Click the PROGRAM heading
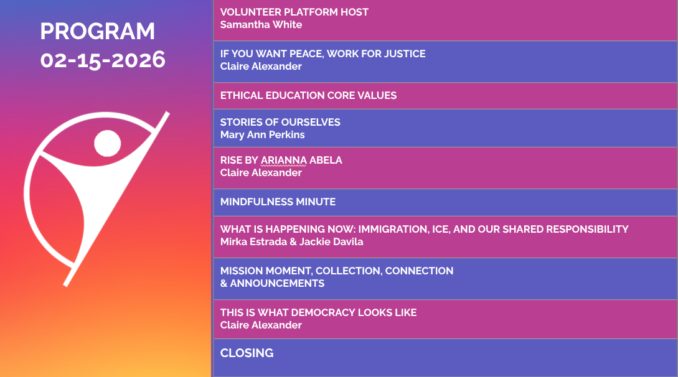tap(97, 32)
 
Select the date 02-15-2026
tap(103, 60)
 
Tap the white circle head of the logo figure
tap(107, 143)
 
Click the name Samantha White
tap(261, 25)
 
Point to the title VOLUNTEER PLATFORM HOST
tap(294, 12)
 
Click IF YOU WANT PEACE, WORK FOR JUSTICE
tap(323, 54)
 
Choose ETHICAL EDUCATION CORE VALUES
tap(308, 95)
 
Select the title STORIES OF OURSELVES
tap(280, 122)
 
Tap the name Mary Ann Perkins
tap(263, 135)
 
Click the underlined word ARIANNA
tap(284, 161)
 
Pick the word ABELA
tap(326, 161)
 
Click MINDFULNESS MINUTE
tap(278, 202)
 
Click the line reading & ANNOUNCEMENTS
tap(273, 283)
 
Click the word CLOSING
tap(247, 353)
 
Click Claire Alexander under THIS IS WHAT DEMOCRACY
tap(261, 325)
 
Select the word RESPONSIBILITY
tap(587, 230)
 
